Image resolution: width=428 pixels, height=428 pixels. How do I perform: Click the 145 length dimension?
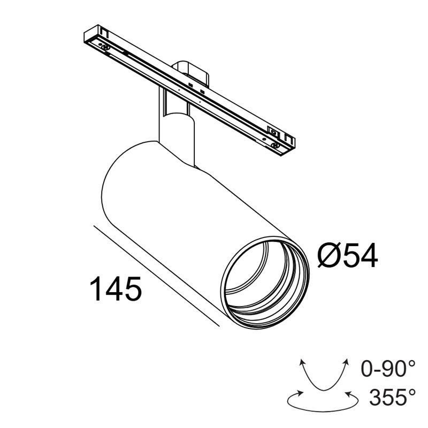pos(116,289)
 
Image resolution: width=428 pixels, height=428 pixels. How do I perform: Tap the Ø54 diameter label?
pos(347,256)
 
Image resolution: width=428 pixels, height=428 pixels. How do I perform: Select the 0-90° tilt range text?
pos(388,369)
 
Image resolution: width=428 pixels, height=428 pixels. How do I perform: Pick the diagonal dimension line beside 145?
pos(155,276)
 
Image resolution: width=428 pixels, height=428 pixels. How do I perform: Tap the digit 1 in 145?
pos(96,289)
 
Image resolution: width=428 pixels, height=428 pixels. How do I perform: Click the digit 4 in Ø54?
pos(367,256)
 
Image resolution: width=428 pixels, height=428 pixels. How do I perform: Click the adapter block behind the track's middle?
pos(190,72)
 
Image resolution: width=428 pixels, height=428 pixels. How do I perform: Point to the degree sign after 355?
pos(411,392)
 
